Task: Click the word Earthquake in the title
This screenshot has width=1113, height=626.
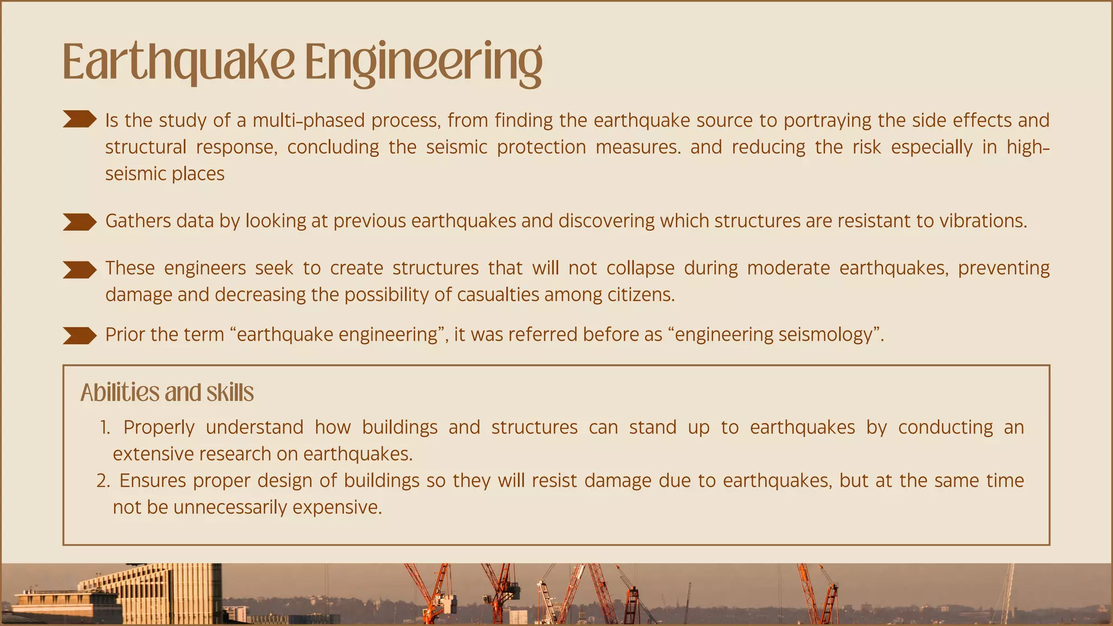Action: [178, 62]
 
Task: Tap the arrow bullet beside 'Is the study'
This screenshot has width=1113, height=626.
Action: [79, 119]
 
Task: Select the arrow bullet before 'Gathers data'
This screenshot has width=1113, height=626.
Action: [79, 222]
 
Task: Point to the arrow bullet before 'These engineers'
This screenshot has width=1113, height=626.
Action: [79, 270]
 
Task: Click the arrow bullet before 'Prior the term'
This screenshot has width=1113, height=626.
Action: [79, 335]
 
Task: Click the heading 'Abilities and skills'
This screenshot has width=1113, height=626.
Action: [167, 392]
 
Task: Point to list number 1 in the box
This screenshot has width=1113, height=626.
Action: [105, 428]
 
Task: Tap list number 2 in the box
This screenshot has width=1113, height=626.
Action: [103, 481]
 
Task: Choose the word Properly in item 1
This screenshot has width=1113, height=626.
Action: [159, 428]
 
